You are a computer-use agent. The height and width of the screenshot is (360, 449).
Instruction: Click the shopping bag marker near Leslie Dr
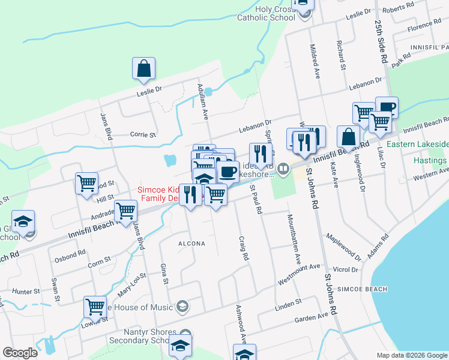pos(144,70)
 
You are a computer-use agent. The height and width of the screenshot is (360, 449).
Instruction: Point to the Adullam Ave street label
pos(203,103)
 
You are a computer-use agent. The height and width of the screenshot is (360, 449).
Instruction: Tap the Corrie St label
pos(143,135)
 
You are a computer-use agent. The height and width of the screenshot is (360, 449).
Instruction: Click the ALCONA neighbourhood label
pos(191,244)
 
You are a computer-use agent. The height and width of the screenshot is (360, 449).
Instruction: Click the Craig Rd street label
pos(244,247)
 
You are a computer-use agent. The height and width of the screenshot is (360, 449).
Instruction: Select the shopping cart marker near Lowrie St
pos(95,307)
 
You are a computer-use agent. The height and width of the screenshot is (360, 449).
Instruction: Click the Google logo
pos(20,352)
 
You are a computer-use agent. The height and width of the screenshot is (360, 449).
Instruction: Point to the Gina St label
pos(163,273)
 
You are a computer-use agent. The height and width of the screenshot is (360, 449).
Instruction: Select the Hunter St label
pos(25,291)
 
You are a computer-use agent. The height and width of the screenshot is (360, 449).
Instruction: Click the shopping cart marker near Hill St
pos(87,184)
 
